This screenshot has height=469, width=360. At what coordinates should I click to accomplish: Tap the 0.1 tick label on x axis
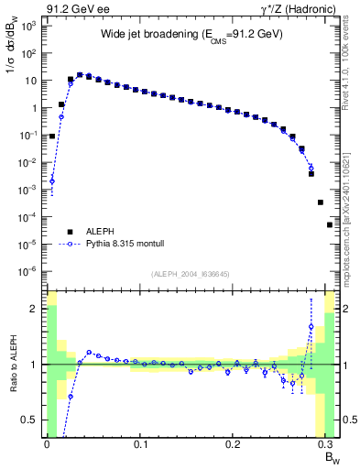coord(140,444)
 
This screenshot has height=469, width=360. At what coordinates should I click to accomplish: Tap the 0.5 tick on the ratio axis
coord(33,420)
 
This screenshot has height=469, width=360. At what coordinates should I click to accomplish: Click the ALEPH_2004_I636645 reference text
coord(191,275)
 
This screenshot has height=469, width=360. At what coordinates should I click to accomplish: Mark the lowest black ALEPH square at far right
coord(330,224)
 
